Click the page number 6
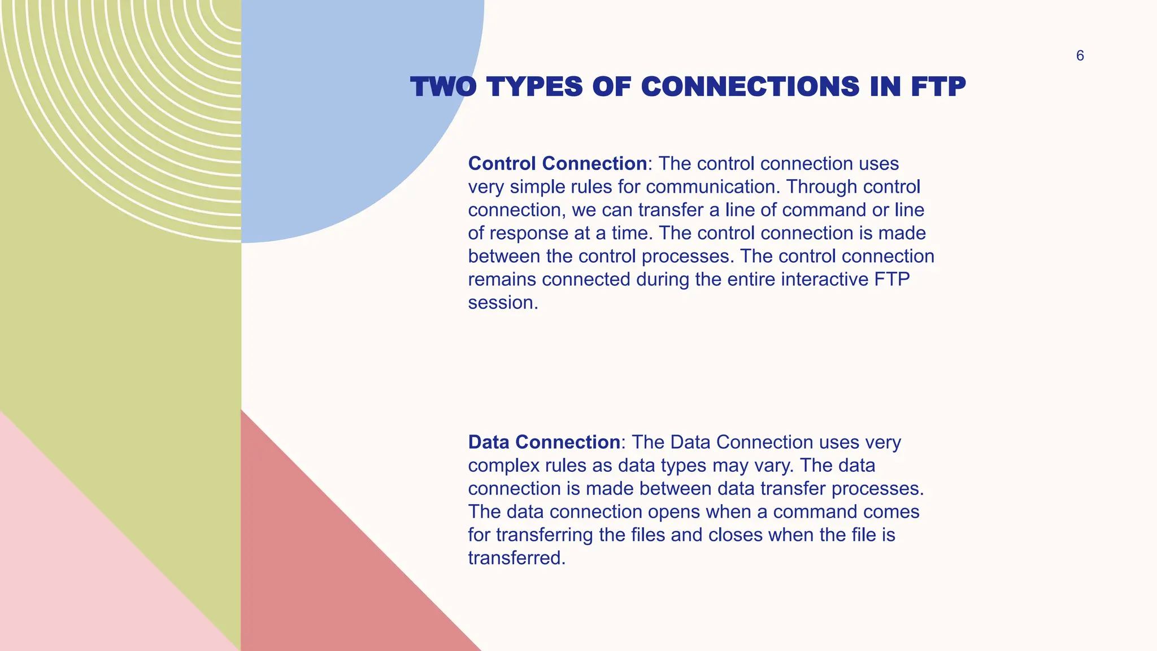click(1080, 56)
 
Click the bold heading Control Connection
click(557, 164)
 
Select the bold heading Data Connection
click(544, 442)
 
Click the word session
click(502, 303)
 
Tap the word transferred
click(516, 559)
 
